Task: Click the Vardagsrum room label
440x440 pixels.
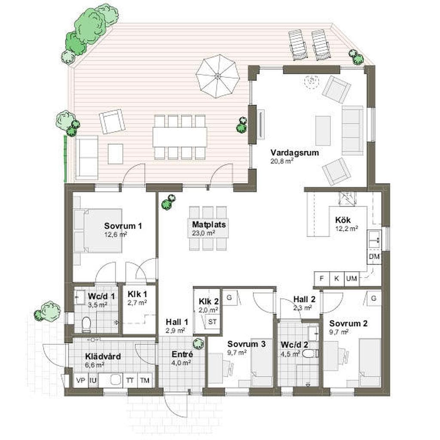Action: [294, 153]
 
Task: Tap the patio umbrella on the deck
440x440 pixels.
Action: [217, 76]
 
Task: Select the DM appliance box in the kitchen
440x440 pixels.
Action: [374, 257]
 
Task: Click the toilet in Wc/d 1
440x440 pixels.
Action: [86, 325]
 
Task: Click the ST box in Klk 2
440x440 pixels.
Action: [212, 321]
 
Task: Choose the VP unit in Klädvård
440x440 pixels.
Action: [80, 381]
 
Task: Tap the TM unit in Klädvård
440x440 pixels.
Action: [145, 381]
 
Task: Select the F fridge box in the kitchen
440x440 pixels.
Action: [321, 278]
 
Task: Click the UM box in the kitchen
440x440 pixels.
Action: [351, 278]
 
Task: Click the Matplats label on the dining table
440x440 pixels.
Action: [209, 224]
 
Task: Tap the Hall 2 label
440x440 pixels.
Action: [305, 299]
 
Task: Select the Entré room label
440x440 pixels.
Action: [182, 354]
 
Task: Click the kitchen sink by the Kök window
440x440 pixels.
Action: [374, 239]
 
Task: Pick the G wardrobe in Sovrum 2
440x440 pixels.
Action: [373, 298]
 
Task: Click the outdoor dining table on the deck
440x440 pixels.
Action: [180, 137]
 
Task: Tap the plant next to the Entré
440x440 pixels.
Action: [198, 343]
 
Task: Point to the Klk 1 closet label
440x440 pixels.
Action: [137, 294]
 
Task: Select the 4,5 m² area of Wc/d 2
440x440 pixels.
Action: [289, 354]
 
